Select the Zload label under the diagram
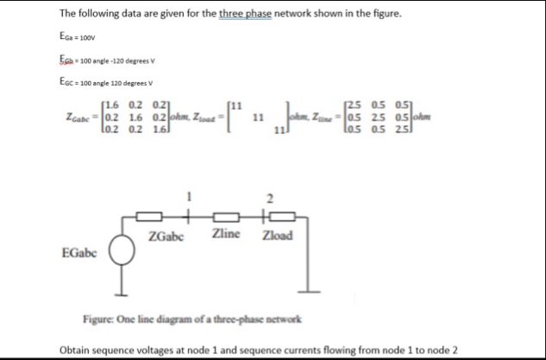tap(278, 236)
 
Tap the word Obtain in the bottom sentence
tap(76, 351)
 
